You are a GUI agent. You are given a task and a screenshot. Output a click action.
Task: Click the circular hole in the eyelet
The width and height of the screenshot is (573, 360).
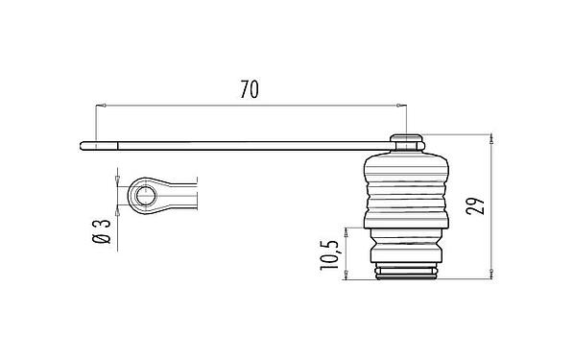[x=145, y=196]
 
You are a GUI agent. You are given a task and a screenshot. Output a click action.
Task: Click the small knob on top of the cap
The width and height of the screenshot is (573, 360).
[x=408, y=142]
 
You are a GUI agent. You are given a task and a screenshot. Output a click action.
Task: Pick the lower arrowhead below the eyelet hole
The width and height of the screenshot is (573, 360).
[x=117, y=211]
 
